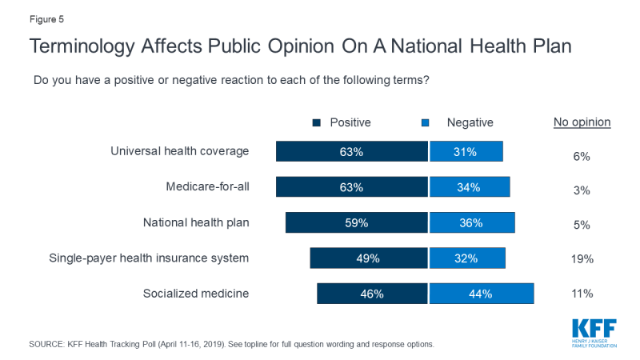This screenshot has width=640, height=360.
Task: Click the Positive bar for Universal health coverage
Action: coord(352,152)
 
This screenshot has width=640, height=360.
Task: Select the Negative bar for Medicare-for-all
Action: coord(470,187)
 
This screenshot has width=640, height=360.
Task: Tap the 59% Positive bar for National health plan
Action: coord(357,223)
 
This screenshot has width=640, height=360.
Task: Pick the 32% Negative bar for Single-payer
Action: coord(467,258)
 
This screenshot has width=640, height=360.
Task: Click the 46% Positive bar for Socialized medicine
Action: coord(373,294)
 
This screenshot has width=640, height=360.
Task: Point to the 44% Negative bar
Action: coord(482,294)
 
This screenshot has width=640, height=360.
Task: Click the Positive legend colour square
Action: coord(316,122)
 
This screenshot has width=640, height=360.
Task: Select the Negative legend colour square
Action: coord(426,122)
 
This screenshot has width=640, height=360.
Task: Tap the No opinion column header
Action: coord(582,122)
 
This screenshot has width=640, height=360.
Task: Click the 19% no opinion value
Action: coord(582,258)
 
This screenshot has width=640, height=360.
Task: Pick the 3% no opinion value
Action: coord(582,190)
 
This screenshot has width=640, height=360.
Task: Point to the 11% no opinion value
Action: coord(582,294)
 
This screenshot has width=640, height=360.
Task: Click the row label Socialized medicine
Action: coord(196,293)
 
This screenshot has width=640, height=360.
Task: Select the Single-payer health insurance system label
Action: coord(150,258)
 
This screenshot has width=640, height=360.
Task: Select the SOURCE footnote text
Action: coord(232,344)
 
